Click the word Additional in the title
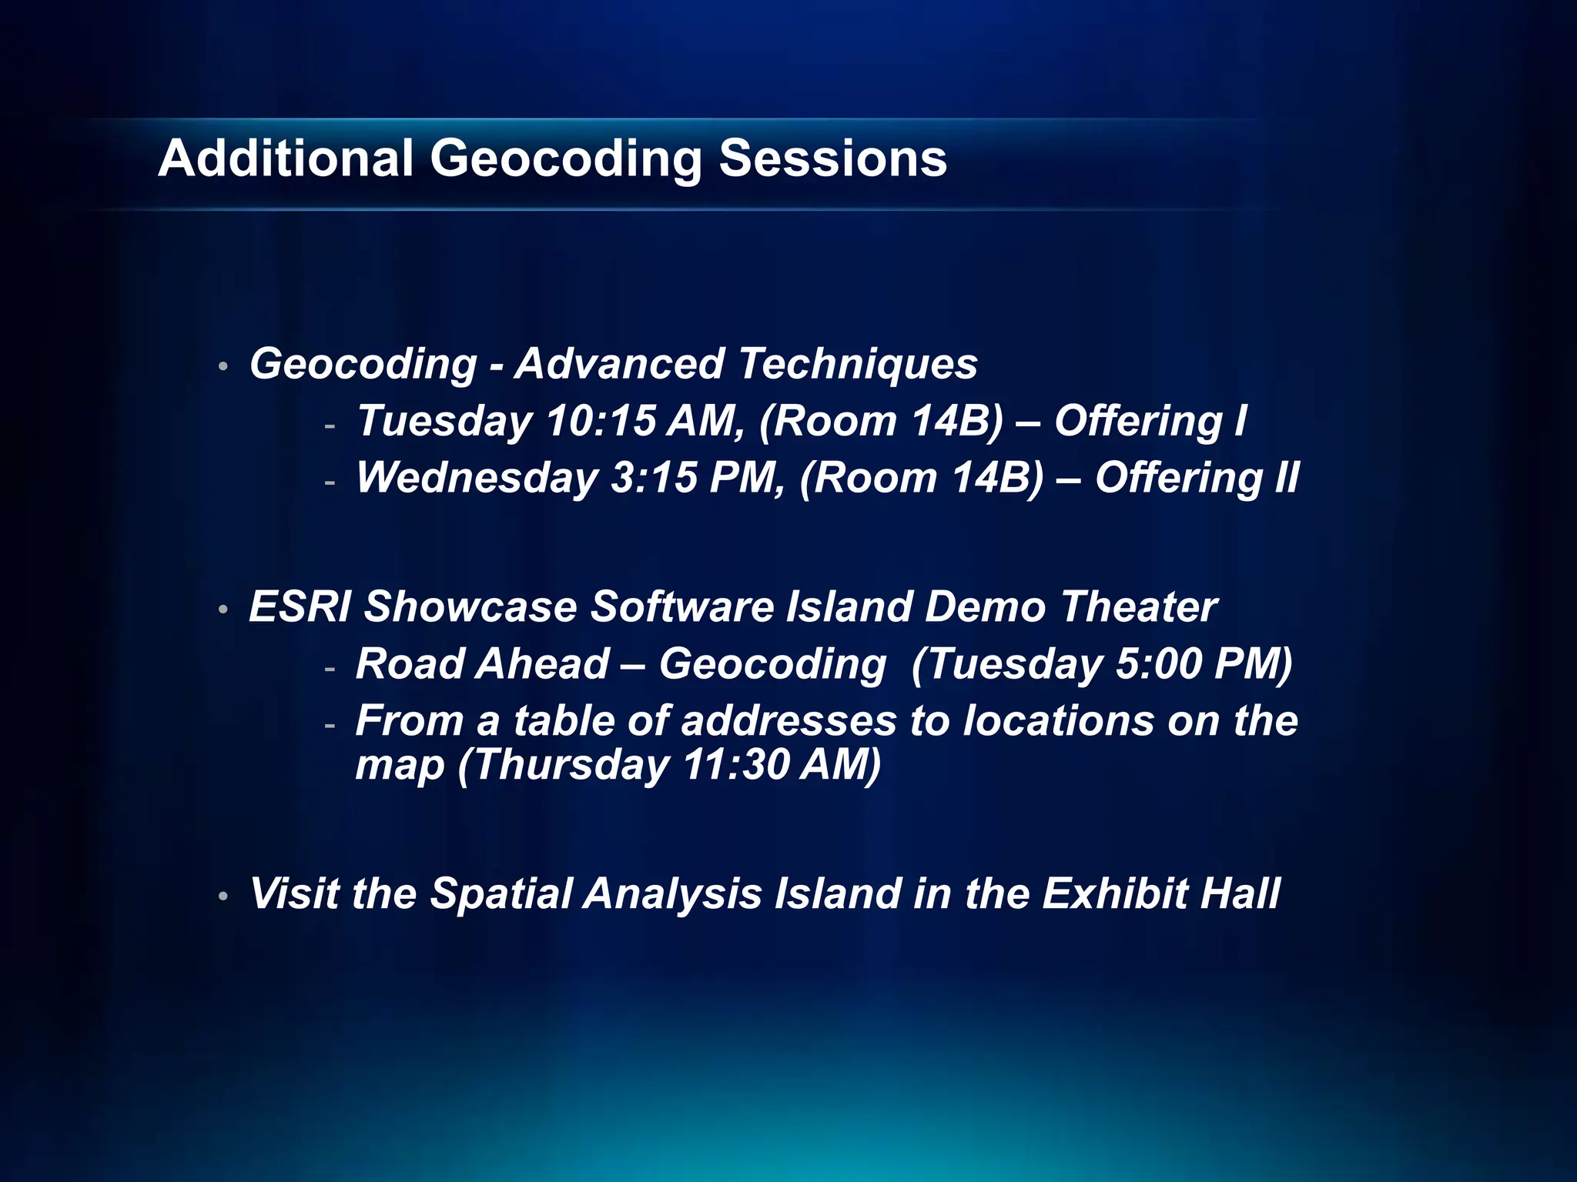coord(286,159)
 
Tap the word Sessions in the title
coord(832,159)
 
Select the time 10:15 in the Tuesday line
coord(601,422)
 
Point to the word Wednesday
coord(477,479)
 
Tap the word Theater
coord(1139,607)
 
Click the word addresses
coord(788,722)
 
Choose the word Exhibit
coord(1114,894)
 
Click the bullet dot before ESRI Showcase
coord(223,610)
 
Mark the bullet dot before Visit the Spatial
coord(223,897)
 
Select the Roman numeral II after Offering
coord(1286,479)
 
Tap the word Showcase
coord(470,607)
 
